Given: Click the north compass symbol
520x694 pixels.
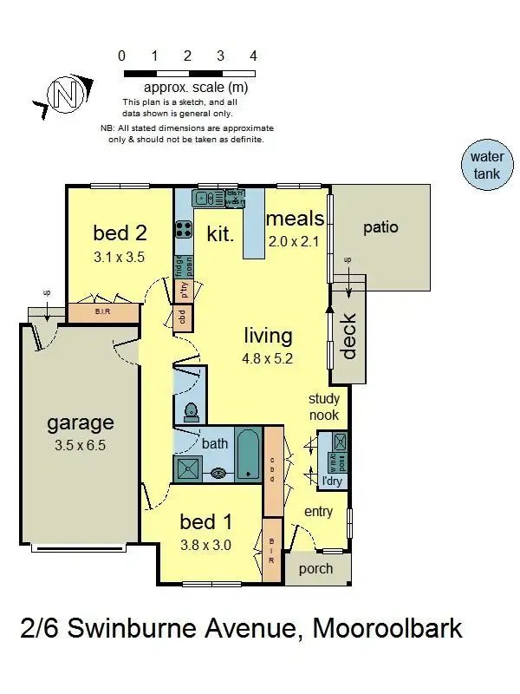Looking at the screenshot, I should (62, 92).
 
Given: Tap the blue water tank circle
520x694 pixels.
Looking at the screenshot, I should (486, 166).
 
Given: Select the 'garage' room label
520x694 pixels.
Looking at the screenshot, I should (80, 422).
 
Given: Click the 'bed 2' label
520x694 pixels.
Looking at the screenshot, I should (119, 232).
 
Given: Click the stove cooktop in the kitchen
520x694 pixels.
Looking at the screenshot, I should (184, 229).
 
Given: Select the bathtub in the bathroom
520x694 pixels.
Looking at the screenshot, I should (248, 453).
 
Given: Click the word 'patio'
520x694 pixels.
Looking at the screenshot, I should (380, 227).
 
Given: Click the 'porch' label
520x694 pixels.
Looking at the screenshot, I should (315, 569).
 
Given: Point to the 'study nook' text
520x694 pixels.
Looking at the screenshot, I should (328, 408).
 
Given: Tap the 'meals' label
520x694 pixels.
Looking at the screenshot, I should (295, 219).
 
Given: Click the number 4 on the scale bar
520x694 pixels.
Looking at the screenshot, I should (253, 56).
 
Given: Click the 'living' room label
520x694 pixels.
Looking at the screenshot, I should (268, 336).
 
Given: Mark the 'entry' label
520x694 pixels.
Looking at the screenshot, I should (318, 512).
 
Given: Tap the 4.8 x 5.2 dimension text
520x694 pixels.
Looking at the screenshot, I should (268, 357).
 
